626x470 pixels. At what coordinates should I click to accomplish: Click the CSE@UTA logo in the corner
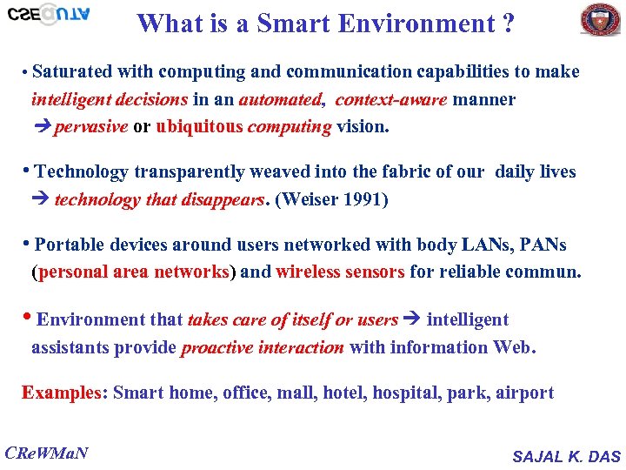tap(48, 16)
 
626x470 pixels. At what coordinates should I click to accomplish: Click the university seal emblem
tap(600, 19)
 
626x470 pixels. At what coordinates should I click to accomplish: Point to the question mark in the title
tap(507, 23)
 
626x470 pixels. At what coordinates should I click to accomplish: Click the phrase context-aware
tap(391, 100)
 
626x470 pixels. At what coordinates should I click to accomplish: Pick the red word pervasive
tap(90, 127)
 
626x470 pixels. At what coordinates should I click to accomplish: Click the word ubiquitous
tap(199, 127)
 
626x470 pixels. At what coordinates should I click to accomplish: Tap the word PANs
tap(553, 245)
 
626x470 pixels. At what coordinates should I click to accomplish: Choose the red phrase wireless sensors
tap(340, 272)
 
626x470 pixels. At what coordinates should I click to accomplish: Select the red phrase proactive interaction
tap(263, 347)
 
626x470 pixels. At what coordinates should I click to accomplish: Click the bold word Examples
tap(62, 393)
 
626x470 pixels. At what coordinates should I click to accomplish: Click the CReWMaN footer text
tap(47, 453)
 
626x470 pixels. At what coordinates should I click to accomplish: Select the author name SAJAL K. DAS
tap(566, 456)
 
